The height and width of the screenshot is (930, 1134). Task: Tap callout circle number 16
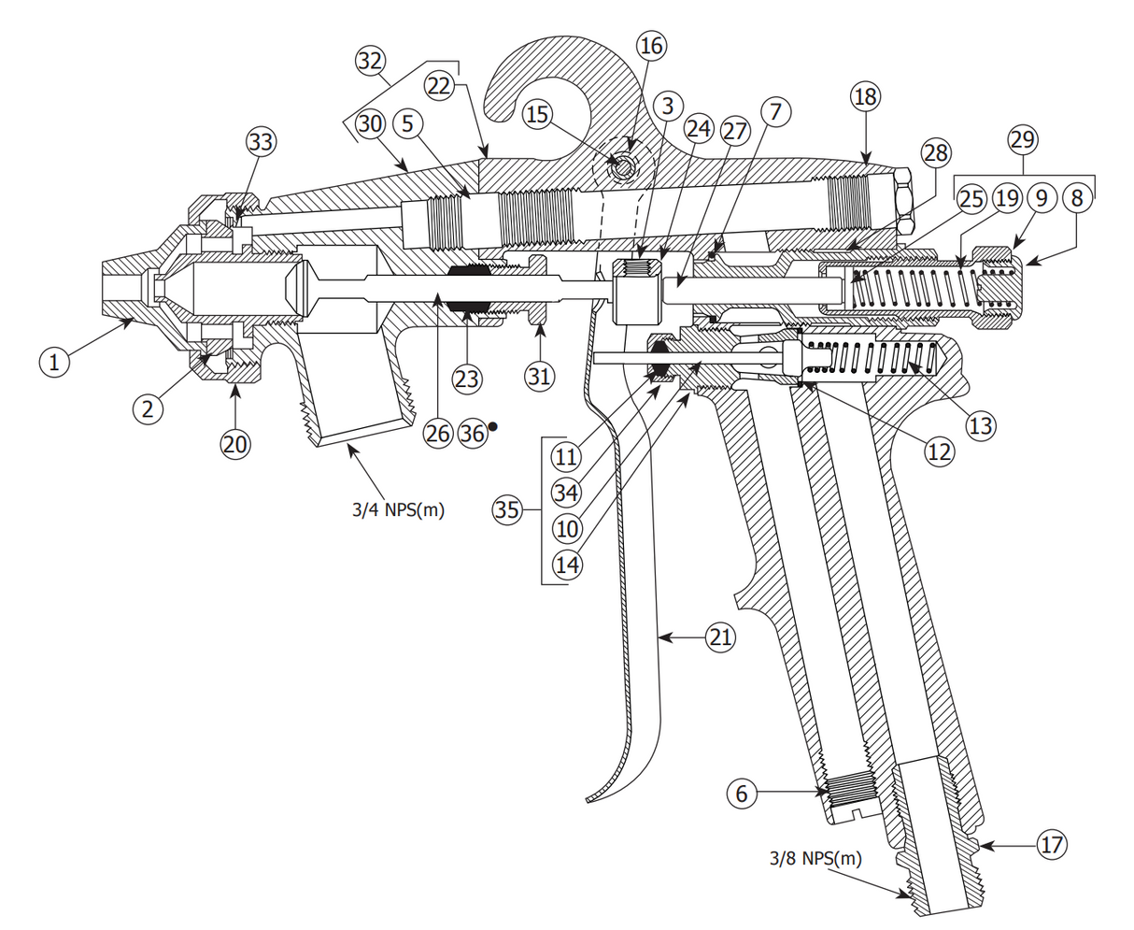click(x=651, y=45)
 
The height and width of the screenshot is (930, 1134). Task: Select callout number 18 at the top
click(x=866, y=95)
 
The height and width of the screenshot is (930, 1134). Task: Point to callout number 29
click(x=1023, y=140)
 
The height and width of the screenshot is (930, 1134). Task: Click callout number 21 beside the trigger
click(x=719, y=637)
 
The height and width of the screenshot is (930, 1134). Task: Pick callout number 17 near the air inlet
click(x=1052, y=845)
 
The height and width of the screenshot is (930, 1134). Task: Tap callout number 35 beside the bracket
click(x=507, y=509)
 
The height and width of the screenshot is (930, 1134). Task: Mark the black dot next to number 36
click(x=493, y=426)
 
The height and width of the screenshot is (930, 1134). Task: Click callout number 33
click(x=261, y=142)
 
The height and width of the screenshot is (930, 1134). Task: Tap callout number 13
click(x=981, y=426)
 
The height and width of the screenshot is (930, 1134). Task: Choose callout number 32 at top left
click(x=370, y=62)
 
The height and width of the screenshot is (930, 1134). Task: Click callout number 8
click(x=1077, y=198)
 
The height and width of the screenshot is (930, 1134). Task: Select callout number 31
click(x=539, y=377)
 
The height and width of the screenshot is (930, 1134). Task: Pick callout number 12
click(x=939, y=451)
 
